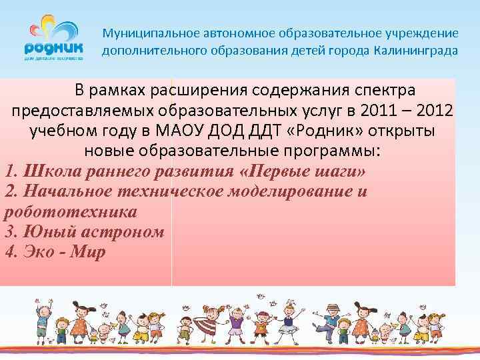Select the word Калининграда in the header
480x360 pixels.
click(416, 51)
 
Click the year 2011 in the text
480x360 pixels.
click(375, 110)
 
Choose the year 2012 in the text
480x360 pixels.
click(434, 110)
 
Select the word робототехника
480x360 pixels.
click(71, 212)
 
